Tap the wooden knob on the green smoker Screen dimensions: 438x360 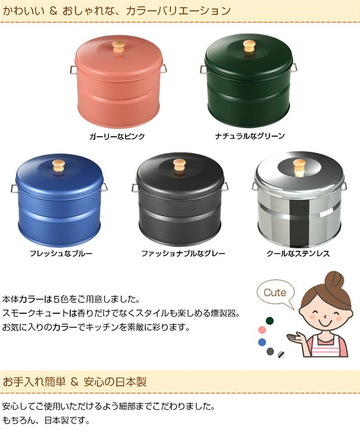click(x=249, y=45)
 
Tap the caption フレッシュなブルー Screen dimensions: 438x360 click(x=61, y=254)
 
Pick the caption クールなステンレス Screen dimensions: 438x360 click(x=298, y=254)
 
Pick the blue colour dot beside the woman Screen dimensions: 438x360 click(x=262, y=342)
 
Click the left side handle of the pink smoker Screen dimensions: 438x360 click(x=73, y=69)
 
